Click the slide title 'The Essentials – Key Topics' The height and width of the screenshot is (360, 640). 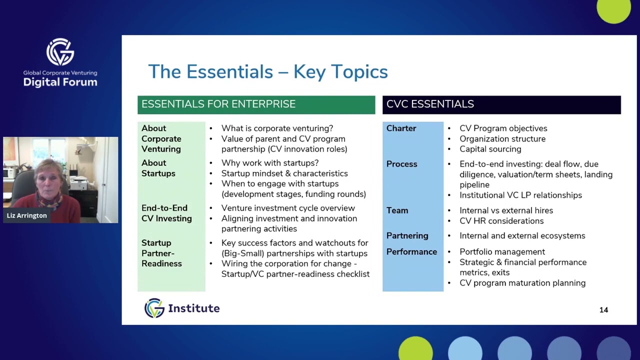coord(267,71)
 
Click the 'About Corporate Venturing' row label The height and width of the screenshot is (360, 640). coord(161,138)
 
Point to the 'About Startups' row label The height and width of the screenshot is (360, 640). coord(158,168)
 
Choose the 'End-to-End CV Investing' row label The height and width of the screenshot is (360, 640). coord(166,213)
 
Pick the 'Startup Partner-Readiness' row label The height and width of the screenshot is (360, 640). coord(161,253)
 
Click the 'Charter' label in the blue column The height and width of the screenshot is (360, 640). coord(401,128)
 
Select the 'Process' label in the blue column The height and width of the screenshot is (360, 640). coord(401,164)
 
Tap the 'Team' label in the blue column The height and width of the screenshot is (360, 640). coord(397,210)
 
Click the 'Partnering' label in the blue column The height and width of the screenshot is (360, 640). coord(407,235)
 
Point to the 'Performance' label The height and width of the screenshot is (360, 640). coord(411,252)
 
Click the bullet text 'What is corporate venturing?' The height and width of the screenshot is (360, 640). coord(277,128)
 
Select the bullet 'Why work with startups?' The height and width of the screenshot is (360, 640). coord(270,163)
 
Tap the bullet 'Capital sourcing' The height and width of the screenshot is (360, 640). coord(490,149)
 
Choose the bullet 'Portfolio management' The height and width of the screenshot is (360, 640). coord(502,252)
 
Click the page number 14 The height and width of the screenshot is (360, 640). coord(603,310)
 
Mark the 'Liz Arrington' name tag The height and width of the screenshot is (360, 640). coord(27,215)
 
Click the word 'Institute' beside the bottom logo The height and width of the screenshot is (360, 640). coord(193,308)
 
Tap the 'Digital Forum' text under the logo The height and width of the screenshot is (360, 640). coord(60,82)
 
